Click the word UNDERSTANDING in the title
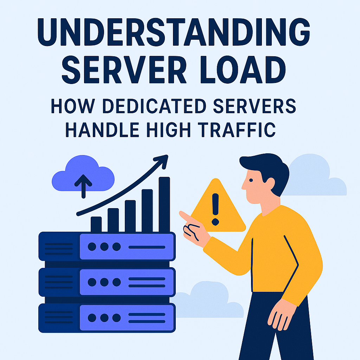(x=174, y=32)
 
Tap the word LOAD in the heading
(x=243, y=70)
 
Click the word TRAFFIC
(x=237, y=130)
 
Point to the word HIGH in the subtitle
(x=169, y=130)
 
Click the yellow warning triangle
(x=218, y=205)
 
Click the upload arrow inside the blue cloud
(x=83, y=186)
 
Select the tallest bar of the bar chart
(x=165, y=205)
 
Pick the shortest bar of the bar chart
(x=96, y=224)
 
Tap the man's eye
(x=251, y=180)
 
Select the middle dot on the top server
(x=104, y=247)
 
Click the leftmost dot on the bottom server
(x=92, y=318)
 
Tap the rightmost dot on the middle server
(x=117, y=282)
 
